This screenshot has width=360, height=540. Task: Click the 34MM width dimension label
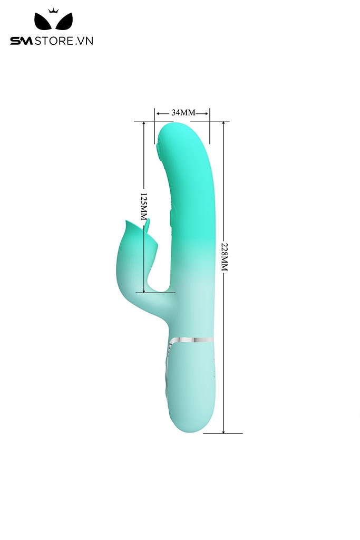tap(183, 112)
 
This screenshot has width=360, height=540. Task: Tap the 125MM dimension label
tap(143, 207)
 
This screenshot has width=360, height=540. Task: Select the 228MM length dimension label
tap(225, 257)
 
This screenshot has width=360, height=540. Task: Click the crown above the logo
tap(53, 11)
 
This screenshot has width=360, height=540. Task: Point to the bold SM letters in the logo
tap(21, 41)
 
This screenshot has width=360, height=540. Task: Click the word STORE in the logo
tap(54, 41)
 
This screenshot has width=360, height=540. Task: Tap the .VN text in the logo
tap(84, 41)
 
